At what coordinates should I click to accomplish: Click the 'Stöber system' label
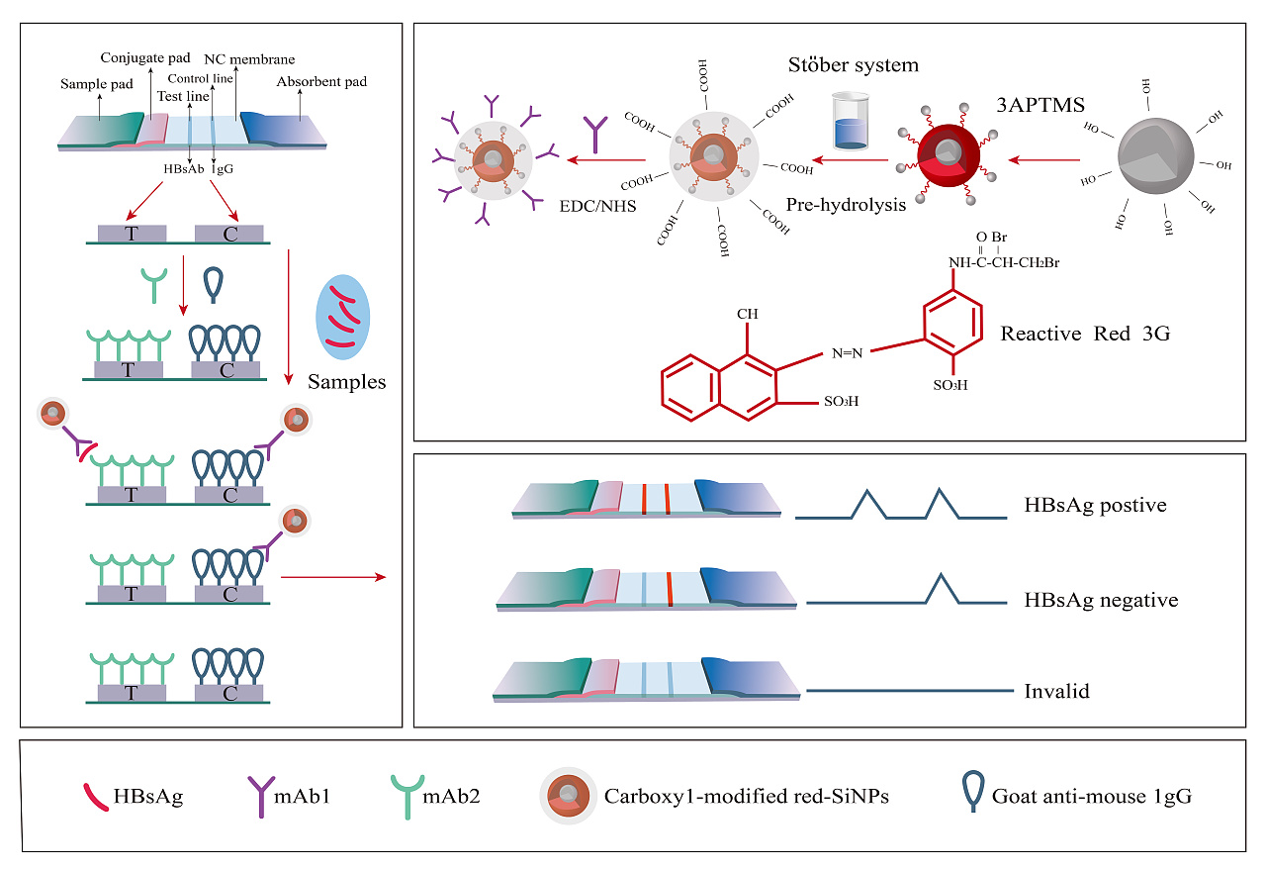point(854,65)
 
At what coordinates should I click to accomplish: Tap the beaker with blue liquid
point(850,121)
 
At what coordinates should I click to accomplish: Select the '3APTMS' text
point(1040,105)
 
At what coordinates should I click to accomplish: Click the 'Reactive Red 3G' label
point(1085,334)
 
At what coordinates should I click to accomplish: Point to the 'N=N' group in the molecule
point(848,353)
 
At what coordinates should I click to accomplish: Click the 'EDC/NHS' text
point(597,206)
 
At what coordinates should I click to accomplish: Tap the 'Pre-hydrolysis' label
point(846,204)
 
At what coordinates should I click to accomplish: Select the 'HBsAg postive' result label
point(1095,505)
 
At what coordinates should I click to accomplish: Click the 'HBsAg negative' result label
point(1101,600)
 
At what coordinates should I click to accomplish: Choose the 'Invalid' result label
point(1057,691)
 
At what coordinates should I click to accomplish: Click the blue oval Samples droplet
point(343,318)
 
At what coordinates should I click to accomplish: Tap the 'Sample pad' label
point(97,84)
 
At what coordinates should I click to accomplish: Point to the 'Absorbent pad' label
point(321,81)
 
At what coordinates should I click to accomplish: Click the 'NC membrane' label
point(249,59)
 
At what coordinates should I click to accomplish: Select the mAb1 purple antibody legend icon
point(261,797)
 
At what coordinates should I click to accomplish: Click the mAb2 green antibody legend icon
point(407,797)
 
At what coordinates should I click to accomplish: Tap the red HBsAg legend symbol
point(95,797)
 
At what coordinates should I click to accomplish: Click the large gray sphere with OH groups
point(1156,156)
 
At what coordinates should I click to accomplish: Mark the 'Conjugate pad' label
point(145,57)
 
